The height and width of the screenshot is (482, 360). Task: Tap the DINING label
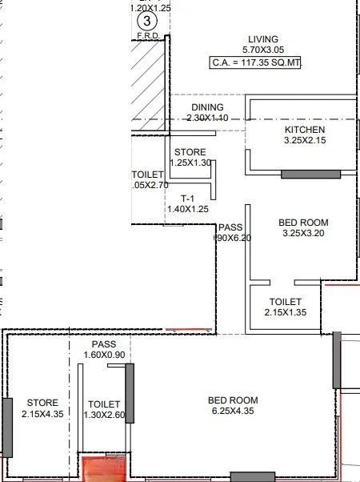tap(207, 107)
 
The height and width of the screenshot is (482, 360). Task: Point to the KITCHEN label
tap(305, 130)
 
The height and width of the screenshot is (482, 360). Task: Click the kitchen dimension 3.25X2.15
tap(305, 141)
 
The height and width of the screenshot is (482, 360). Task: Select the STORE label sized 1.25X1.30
tap(190, 152)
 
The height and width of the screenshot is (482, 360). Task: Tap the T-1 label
tap(187, 198)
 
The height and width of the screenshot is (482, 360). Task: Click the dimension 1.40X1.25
tap(187, 209)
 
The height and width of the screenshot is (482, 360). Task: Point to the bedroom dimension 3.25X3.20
tap(305, 234)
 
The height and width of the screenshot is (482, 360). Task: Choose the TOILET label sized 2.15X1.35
tap(285, 302)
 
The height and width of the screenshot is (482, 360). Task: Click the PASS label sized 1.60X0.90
tap(104, 344)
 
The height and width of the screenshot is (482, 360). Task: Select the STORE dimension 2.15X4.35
tap(42, 414)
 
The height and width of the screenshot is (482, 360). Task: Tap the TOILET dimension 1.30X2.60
tap(104, 415)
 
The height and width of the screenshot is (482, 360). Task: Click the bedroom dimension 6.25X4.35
tap(232, 412)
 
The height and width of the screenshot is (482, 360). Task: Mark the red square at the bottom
tap(101, 468)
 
